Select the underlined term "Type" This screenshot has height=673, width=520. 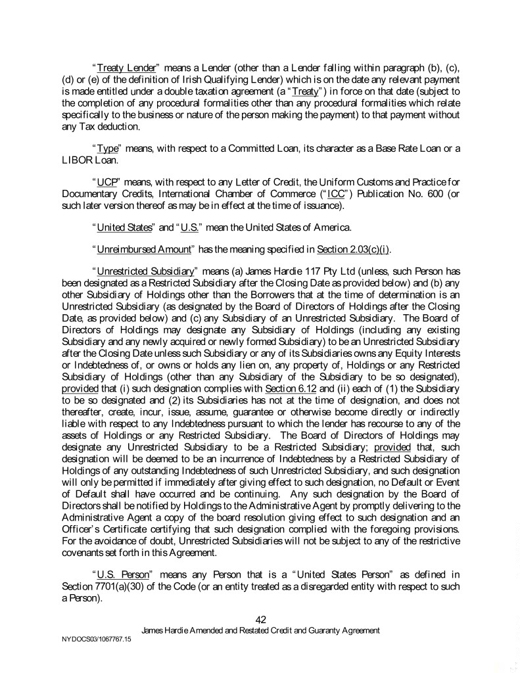pos(106,149)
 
